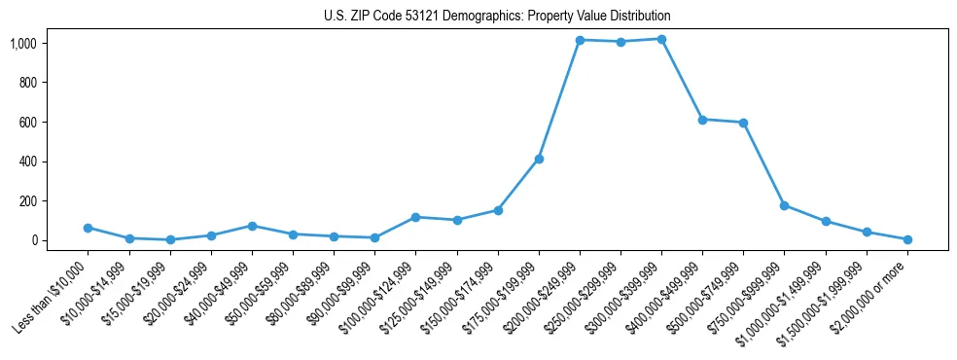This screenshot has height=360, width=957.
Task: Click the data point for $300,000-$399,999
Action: point(661,39)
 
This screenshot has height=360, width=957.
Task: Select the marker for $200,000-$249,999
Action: point(580,40)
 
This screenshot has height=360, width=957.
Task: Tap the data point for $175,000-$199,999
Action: point(539,159)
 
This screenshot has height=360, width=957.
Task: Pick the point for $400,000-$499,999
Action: point(702,120)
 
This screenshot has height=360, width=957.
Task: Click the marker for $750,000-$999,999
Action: point(784,205)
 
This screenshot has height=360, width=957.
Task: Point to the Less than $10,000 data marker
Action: point(88,228)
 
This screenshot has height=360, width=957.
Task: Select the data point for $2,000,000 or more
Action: point(907,239)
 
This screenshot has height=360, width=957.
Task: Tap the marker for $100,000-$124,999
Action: point(415,217)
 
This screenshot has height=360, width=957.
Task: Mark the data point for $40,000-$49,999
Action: point(252,226)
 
